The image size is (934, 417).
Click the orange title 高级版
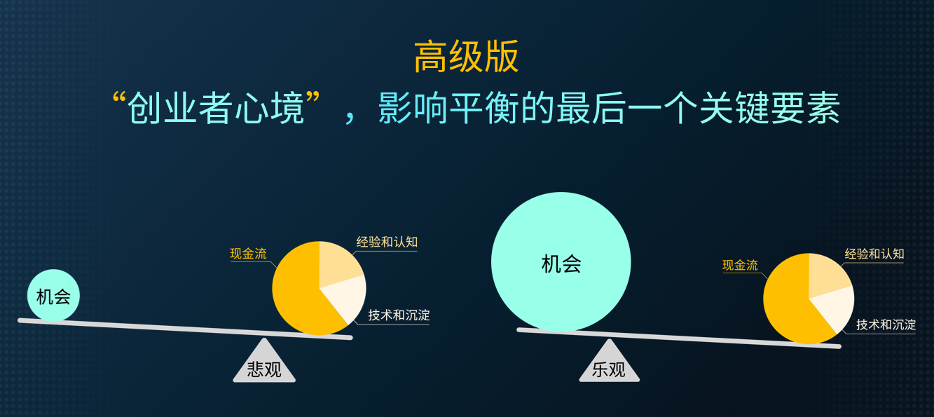(466, 57)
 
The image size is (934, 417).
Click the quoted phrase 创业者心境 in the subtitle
(216, 109)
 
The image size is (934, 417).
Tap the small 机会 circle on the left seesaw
(53, 296)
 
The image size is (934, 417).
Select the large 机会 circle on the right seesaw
(561, 262)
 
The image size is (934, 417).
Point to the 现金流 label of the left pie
(248, 254)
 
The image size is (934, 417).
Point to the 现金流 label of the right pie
(740, 265)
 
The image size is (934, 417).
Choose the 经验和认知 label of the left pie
(387, 242)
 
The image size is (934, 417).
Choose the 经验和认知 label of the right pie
(874, 254)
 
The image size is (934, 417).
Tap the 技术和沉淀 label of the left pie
(399, 315)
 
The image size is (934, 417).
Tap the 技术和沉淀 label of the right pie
(886, 324)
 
